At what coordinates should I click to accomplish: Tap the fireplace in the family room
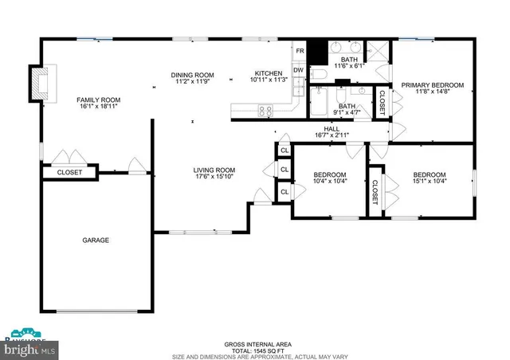(37, 83)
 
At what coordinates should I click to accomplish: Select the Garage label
(96, 240)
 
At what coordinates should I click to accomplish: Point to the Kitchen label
(267, 73)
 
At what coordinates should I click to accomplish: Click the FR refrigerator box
(300, 51)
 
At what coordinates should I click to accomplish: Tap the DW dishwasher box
(299, 70)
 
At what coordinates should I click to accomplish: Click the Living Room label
(214, 170)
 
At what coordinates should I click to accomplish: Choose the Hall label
(331, 129)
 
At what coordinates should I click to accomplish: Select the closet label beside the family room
(69, 172)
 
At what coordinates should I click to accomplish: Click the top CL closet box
(284, 150)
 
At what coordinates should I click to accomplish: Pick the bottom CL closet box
(284, 192)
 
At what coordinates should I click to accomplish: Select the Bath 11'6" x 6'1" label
(349, 62)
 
